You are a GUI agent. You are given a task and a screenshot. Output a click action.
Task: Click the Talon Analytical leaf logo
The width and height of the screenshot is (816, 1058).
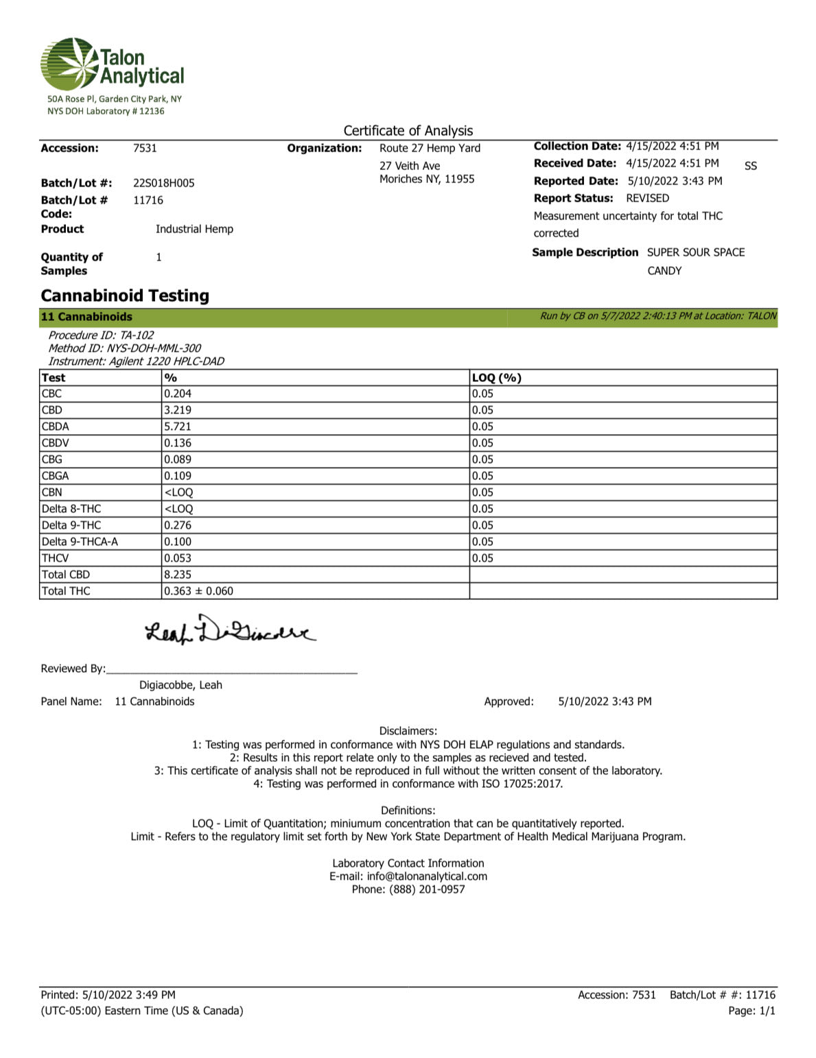69,63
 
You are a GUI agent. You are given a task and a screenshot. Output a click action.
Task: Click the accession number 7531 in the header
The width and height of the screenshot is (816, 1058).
145,148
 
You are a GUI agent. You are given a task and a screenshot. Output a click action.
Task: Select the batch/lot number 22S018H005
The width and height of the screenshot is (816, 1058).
164,183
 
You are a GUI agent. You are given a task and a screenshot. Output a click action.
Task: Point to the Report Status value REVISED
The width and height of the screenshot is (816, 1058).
647,198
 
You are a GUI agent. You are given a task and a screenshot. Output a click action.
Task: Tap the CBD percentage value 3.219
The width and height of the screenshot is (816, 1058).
178,410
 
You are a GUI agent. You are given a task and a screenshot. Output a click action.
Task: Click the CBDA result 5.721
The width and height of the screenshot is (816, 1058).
178,426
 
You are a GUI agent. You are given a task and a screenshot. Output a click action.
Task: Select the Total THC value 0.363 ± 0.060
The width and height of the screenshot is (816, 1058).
198,591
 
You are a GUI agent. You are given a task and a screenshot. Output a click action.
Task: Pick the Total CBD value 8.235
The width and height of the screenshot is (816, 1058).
178,575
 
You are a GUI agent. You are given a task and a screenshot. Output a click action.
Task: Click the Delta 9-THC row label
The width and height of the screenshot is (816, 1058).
71,525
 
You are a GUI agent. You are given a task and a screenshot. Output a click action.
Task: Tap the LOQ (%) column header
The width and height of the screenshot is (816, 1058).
497,378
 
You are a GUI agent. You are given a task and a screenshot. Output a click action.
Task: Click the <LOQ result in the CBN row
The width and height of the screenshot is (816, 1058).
178,492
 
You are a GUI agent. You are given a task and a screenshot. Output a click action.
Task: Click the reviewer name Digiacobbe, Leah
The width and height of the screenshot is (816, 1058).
180,685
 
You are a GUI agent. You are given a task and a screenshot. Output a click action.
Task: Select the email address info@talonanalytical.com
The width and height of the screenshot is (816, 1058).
427,876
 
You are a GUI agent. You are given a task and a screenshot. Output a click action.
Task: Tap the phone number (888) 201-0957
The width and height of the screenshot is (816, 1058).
427,889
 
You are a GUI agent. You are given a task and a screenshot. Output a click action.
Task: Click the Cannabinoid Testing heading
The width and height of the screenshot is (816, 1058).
125,296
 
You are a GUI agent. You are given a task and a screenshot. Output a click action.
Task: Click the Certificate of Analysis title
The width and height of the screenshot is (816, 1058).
408,130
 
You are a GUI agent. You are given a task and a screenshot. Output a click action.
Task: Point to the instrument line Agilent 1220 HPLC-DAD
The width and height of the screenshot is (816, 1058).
136,361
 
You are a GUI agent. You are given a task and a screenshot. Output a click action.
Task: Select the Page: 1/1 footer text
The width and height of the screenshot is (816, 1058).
751,1011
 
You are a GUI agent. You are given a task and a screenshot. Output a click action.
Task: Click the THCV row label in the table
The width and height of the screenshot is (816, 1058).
56,558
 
